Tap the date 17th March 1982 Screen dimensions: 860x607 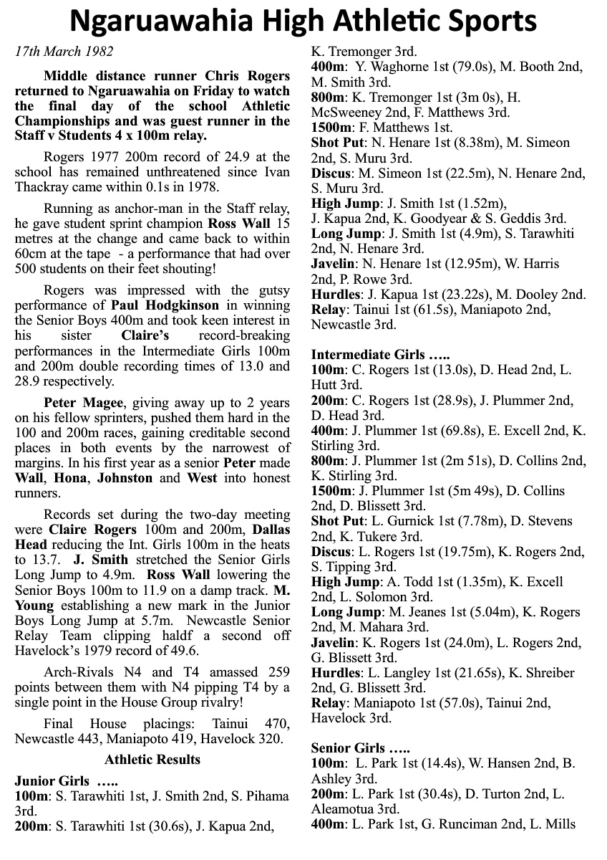click(64, 52)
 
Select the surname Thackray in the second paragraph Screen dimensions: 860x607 click(44, 187)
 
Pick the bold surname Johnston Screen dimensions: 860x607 click(125, 477)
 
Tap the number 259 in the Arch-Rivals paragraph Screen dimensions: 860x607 click(276, 672)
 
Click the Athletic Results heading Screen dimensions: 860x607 click(152, 760)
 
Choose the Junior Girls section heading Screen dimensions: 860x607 click(66, 780)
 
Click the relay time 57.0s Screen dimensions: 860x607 click(447, 702)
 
